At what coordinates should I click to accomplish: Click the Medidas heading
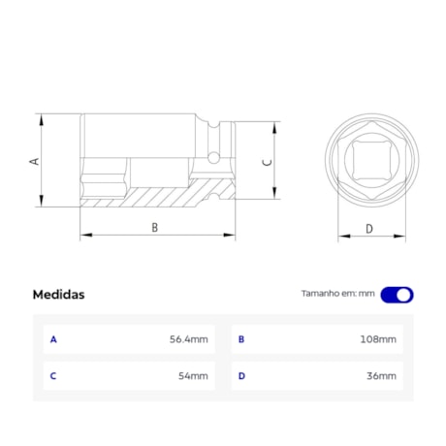pyautogui.click(x=58, y=295)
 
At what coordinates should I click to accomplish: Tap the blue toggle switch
pyautogui.click(x=397, y=295)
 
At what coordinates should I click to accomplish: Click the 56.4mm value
pyautogui.click(x=189, y=339)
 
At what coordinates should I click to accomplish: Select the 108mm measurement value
pyautogui.click(x=378, y=339)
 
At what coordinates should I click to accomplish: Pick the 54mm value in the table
pyautogui.click(x=193, y=376)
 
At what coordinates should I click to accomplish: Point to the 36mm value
pyautogui.click(x=381, y=376)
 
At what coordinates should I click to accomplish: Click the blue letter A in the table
pyautogui.click(x=53, y=339)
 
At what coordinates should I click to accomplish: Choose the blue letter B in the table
pyautogui.click(x=241, y=339)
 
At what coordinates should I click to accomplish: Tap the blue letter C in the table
pyautogui.click(x=53, y=376)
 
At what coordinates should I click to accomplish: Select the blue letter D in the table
pyautogui.click(x=241, y=376)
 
